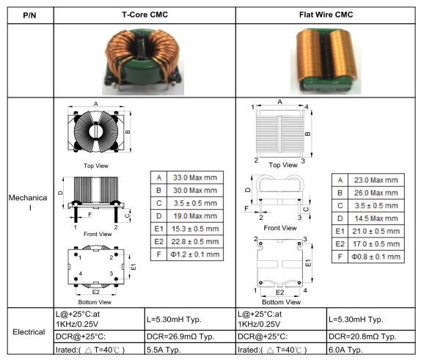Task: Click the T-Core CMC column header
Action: [x=144, y=15]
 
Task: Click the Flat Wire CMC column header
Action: [x=326, y=15]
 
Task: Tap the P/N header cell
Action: [x=29, y=15]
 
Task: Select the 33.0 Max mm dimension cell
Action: [x=195, y=177]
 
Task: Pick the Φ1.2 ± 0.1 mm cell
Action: [x=195, y=254]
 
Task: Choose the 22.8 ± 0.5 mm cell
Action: [x=195, y=242]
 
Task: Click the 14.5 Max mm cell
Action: [x=376, y=218]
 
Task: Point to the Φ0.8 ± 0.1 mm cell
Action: [x=376, y=257]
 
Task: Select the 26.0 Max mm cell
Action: [x=376, y=193]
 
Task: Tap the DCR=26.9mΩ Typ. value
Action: [x=180, y=337]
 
